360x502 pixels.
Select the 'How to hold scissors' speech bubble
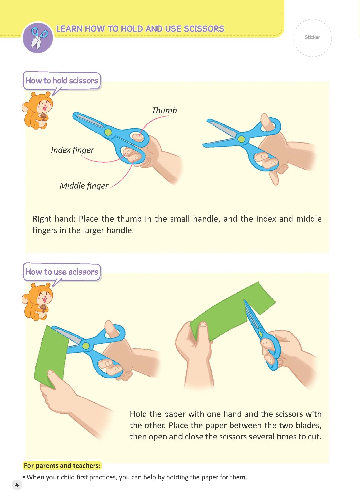pyautogui.click(x=62, y=81)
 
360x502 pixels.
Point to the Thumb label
pyautogui.click(x=164, y=110)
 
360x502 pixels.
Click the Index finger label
pyautogui.click(x=72, y=150)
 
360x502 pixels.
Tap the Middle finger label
pyautogui.click(x=84, y=186)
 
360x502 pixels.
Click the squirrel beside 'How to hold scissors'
pyautogui.click(x=37, y=110)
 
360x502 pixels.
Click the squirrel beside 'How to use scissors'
pyautogui.click(x=37, y=302)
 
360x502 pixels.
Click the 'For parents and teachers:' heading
pyautogui.click(x=62, y=466)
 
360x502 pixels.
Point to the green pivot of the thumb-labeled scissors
pyautogui.click(x=108, y=132)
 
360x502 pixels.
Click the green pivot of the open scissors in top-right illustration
pyautogui.click(x=241, y=139)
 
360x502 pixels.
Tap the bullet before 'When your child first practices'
pyautogui.click(x=24, y=477)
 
